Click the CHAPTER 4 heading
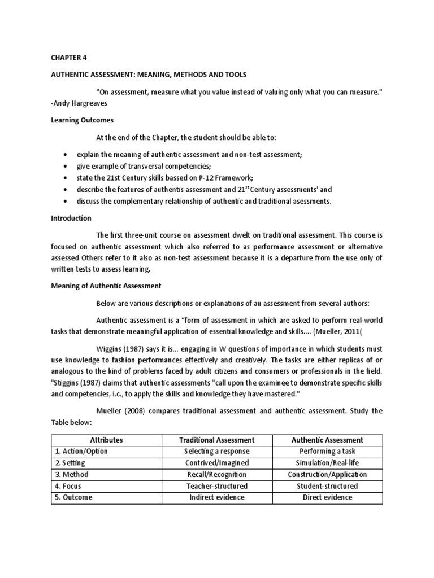coord(70,58)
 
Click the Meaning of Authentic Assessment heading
coord(106,286)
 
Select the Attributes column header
coord(106,440)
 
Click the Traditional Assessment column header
coord(217,440)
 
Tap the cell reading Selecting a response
coord(217,452)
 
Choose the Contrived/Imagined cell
coord(217,463)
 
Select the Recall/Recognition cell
coord(217,475)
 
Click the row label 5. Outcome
coord(73,497)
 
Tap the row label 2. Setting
coord(71,463)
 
